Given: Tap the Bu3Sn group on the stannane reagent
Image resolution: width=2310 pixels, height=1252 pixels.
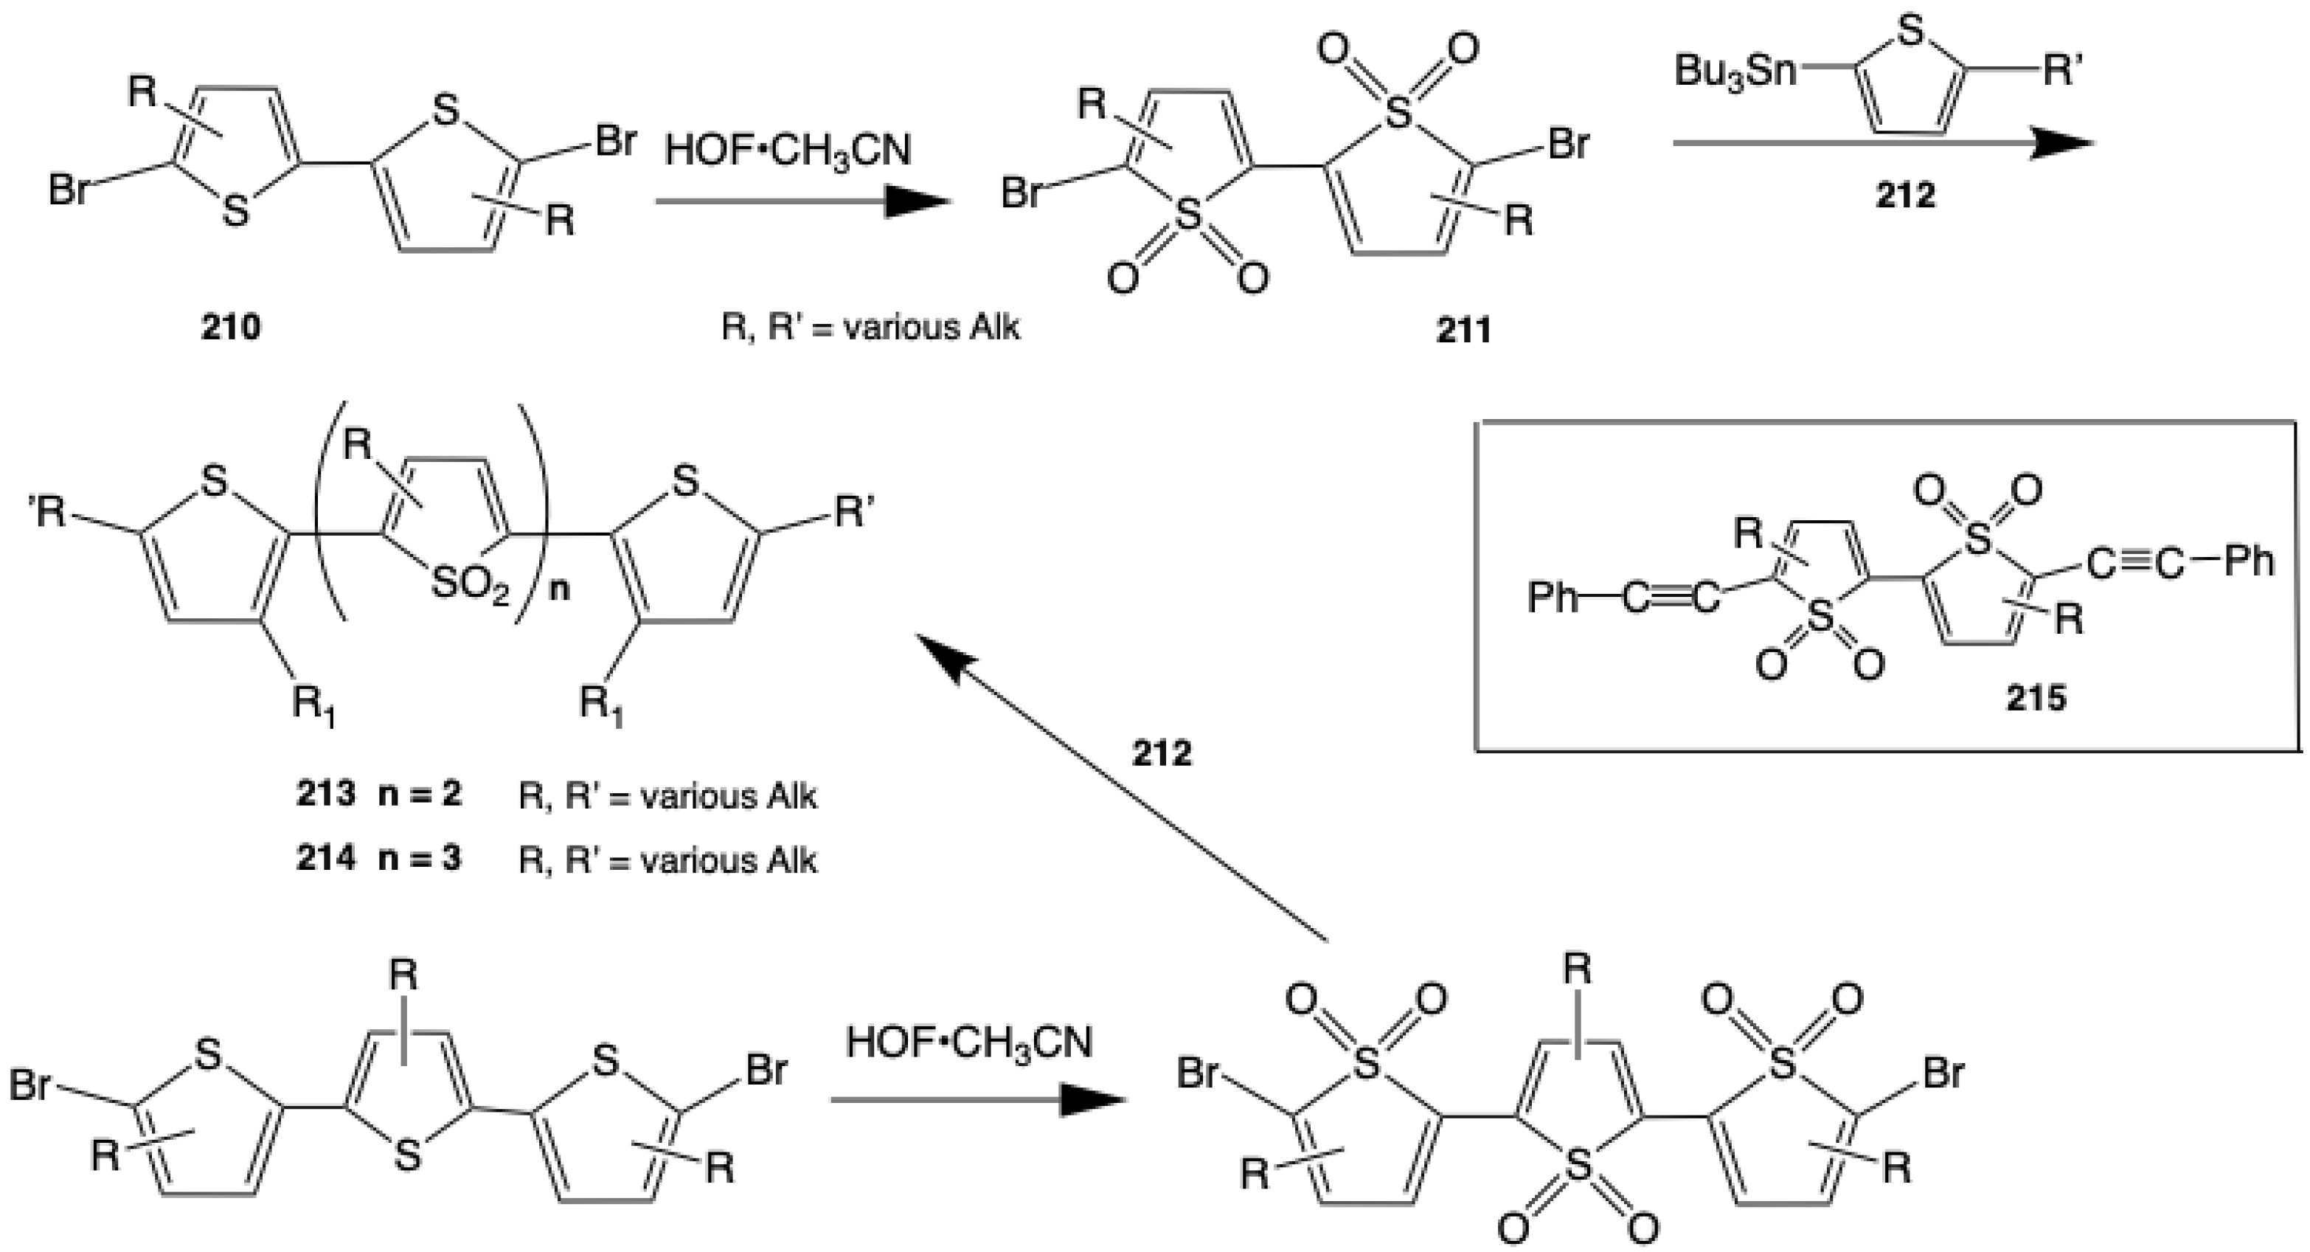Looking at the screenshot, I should point(1735,71).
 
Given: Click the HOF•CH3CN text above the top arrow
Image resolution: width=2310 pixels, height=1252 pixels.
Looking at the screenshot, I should point(788,150).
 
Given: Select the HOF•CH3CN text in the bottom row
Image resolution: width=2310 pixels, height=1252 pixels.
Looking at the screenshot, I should point(968,1043).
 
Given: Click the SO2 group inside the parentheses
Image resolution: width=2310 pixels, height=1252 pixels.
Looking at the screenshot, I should point(470,585).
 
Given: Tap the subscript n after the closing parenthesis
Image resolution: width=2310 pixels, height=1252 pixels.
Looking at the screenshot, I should point(560,591).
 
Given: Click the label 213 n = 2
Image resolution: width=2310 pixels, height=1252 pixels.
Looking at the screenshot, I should point(379,795).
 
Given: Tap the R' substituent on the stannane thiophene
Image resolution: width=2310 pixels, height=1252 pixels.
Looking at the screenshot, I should point(2061,72).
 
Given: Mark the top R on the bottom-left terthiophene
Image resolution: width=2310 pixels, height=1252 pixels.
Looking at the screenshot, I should point(403,975).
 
